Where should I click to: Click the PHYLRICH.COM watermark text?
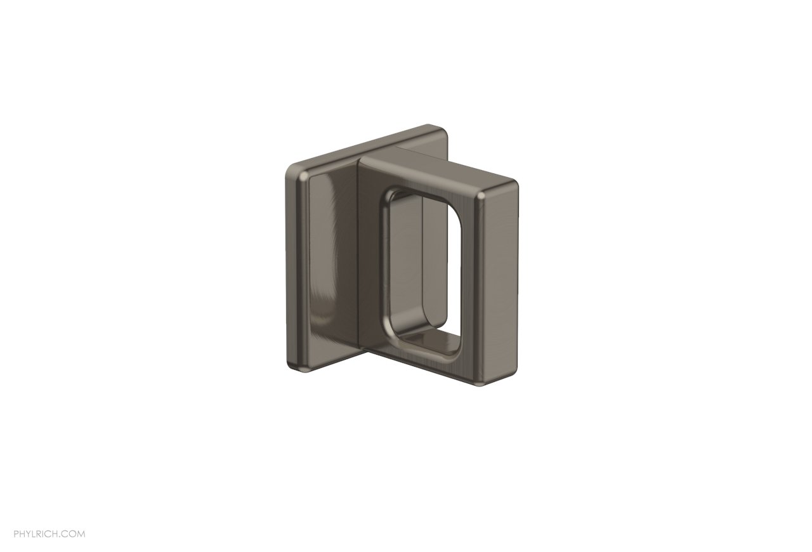[x=49, y=534]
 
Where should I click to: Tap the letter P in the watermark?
[x=16, y=534]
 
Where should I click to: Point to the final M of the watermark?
[x=81, y=534]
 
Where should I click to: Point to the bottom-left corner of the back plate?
[x=294, y=364]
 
